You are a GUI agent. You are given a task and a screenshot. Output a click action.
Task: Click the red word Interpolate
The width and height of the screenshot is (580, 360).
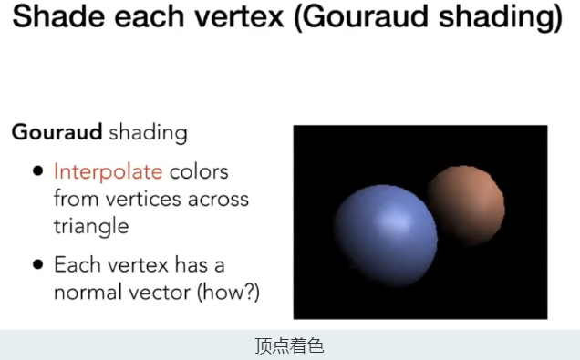(x=108, y=171)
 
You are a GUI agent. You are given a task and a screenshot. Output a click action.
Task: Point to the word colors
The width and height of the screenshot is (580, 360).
(x=200, y=171)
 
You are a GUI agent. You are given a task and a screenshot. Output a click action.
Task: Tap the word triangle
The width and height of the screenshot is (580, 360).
(x=91, y=225)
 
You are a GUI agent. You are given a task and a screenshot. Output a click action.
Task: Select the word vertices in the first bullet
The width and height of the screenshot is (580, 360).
(x=139, y=199)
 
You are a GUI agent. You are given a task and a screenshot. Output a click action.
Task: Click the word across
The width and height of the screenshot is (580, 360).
(x=220, y=199)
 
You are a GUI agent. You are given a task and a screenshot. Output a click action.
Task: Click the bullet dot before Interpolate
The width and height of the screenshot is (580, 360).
(x=36, y=171)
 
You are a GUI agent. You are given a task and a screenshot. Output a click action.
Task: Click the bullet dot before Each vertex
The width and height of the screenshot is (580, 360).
(x=36, y=265)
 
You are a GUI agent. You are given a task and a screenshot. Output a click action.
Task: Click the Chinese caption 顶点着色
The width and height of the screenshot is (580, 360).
(x=289, y=346)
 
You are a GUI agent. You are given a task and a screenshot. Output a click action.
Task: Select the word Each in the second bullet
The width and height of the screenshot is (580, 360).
(x=74, y=265)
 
